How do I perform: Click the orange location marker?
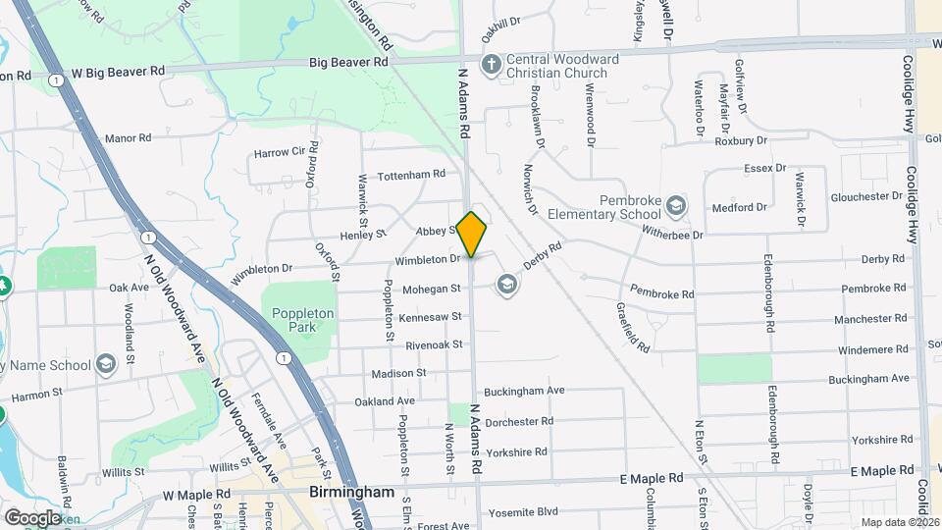[472, 234]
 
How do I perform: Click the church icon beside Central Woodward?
[491, 66]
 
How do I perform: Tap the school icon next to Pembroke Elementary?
[675, 206]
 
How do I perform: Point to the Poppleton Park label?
[303, 321]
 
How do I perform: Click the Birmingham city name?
[351, 492]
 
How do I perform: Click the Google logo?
[32, 517]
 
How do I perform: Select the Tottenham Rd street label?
[411, 174]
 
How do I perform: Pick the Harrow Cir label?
[280, 153]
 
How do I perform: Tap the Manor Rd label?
[129, 138]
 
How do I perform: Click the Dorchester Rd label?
[519, 421]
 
